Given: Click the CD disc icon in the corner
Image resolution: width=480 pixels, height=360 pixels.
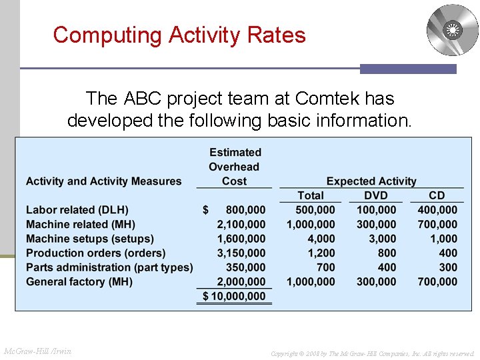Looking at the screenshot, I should [452, 30].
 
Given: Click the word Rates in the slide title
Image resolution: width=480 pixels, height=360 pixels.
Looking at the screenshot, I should [273, 35].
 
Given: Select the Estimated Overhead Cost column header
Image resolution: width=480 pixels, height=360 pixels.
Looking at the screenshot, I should [235, 167].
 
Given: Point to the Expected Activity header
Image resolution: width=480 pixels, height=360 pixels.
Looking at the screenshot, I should [371, 181].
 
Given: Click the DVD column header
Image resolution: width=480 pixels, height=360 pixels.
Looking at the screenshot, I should [376, 195].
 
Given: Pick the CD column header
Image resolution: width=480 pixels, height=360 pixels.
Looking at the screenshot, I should [437, 195].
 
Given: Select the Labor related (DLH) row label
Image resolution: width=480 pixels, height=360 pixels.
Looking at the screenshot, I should [77, 210].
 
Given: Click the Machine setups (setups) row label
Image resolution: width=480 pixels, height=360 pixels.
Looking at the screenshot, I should [90, 239].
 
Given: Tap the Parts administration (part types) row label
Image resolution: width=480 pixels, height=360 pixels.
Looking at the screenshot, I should [109, 267].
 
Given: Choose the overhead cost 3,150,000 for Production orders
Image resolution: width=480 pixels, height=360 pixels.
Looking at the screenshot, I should [241, 253].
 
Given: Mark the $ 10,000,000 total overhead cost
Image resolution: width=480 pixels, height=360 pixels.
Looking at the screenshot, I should [234, 296].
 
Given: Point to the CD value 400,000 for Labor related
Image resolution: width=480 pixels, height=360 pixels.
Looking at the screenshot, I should [437, 210].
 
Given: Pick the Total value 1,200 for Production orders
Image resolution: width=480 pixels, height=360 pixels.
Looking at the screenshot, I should [321, 253].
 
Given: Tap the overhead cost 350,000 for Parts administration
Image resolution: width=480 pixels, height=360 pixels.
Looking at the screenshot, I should [246, 267].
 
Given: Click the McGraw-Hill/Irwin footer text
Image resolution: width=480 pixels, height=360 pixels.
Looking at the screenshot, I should [38, 351].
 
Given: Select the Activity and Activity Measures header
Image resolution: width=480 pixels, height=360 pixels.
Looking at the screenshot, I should [103, 181].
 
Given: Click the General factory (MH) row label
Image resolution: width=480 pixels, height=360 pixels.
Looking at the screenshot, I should [79, 282].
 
